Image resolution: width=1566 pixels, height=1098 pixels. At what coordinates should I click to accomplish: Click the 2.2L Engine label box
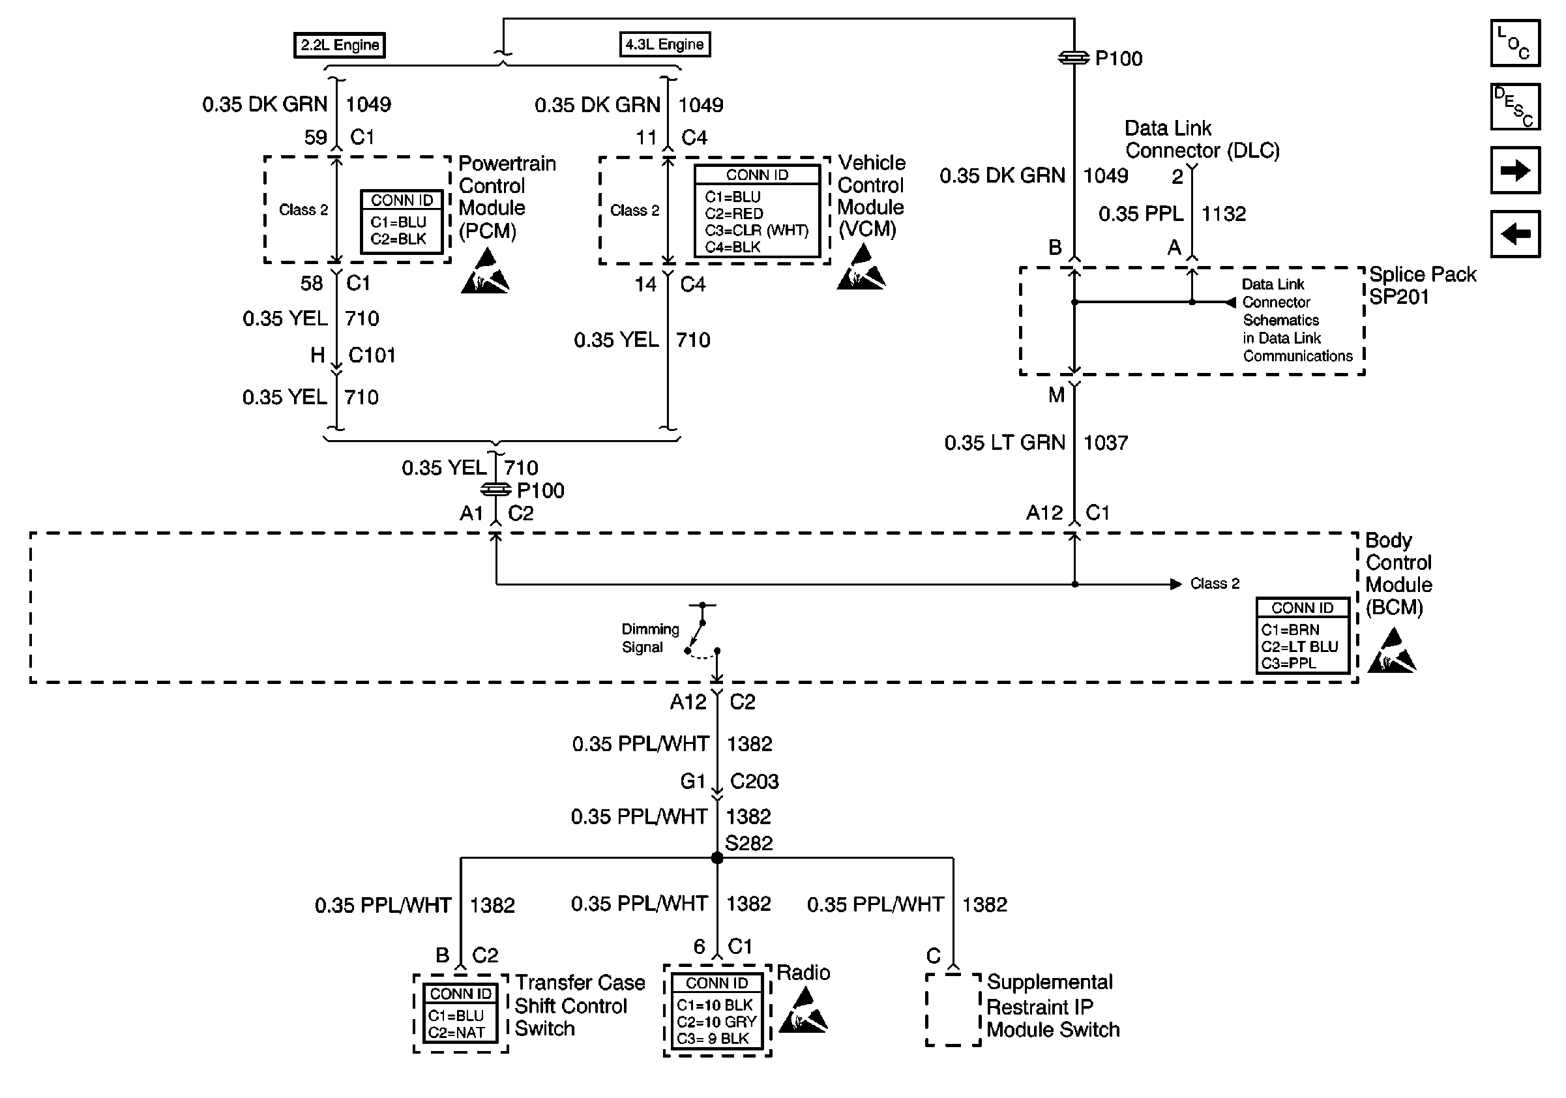340,45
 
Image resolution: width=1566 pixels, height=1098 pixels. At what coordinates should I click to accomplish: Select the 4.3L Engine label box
664,44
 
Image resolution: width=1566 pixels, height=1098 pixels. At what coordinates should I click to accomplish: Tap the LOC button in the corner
1515,43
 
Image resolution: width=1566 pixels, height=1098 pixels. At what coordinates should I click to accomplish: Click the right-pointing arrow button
1515,170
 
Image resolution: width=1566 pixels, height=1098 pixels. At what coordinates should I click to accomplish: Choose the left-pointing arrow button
1515,234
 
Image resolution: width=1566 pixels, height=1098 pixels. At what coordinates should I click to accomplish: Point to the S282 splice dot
717,858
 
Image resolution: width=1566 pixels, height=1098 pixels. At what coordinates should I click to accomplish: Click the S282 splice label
749,844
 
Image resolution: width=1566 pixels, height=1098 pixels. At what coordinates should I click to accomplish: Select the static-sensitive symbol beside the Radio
803,1010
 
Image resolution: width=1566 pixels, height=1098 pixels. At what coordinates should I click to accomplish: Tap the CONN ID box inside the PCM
402,222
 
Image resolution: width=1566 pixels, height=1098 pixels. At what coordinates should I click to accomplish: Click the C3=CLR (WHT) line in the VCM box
756,231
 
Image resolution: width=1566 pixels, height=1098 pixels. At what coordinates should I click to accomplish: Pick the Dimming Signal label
650,638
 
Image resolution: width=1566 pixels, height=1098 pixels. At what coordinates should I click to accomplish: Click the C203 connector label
754,782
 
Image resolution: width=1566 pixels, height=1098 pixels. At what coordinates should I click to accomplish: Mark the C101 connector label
372,355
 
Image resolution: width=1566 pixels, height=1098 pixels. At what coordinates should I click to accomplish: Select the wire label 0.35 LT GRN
1005,443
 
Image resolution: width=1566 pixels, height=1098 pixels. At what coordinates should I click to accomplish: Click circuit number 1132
1224,214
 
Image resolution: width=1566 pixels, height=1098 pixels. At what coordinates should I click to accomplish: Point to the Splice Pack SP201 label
1422,285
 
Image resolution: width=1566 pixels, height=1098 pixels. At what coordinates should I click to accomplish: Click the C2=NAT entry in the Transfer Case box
456,1033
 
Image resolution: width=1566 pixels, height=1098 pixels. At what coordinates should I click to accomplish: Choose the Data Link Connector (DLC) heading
1202,139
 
